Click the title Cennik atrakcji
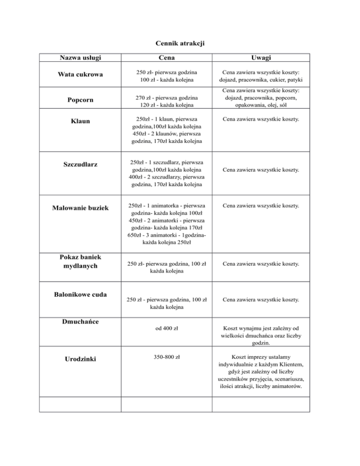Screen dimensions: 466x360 (x=180, y=44)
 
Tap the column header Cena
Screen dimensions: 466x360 (x=167, y=58)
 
